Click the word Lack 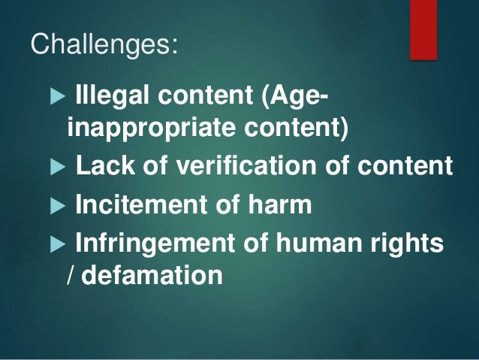click(102, 165)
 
